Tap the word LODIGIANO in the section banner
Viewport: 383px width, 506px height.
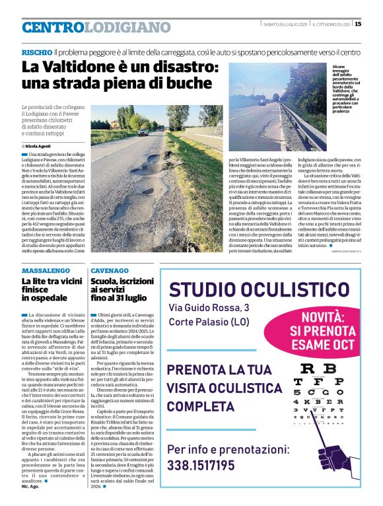tap(128, 27)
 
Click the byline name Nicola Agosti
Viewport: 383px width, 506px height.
tap(38, 145)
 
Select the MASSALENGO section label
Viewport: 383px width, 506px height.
tap(47, 271)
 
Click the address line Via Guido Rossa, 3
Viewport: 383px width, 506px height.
tap(209, 308)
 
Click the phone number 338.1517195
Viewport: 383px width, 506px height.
tap(201, 466)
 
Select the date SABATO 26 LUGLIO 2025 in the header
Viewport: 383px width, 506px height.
tap(285, 24)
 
